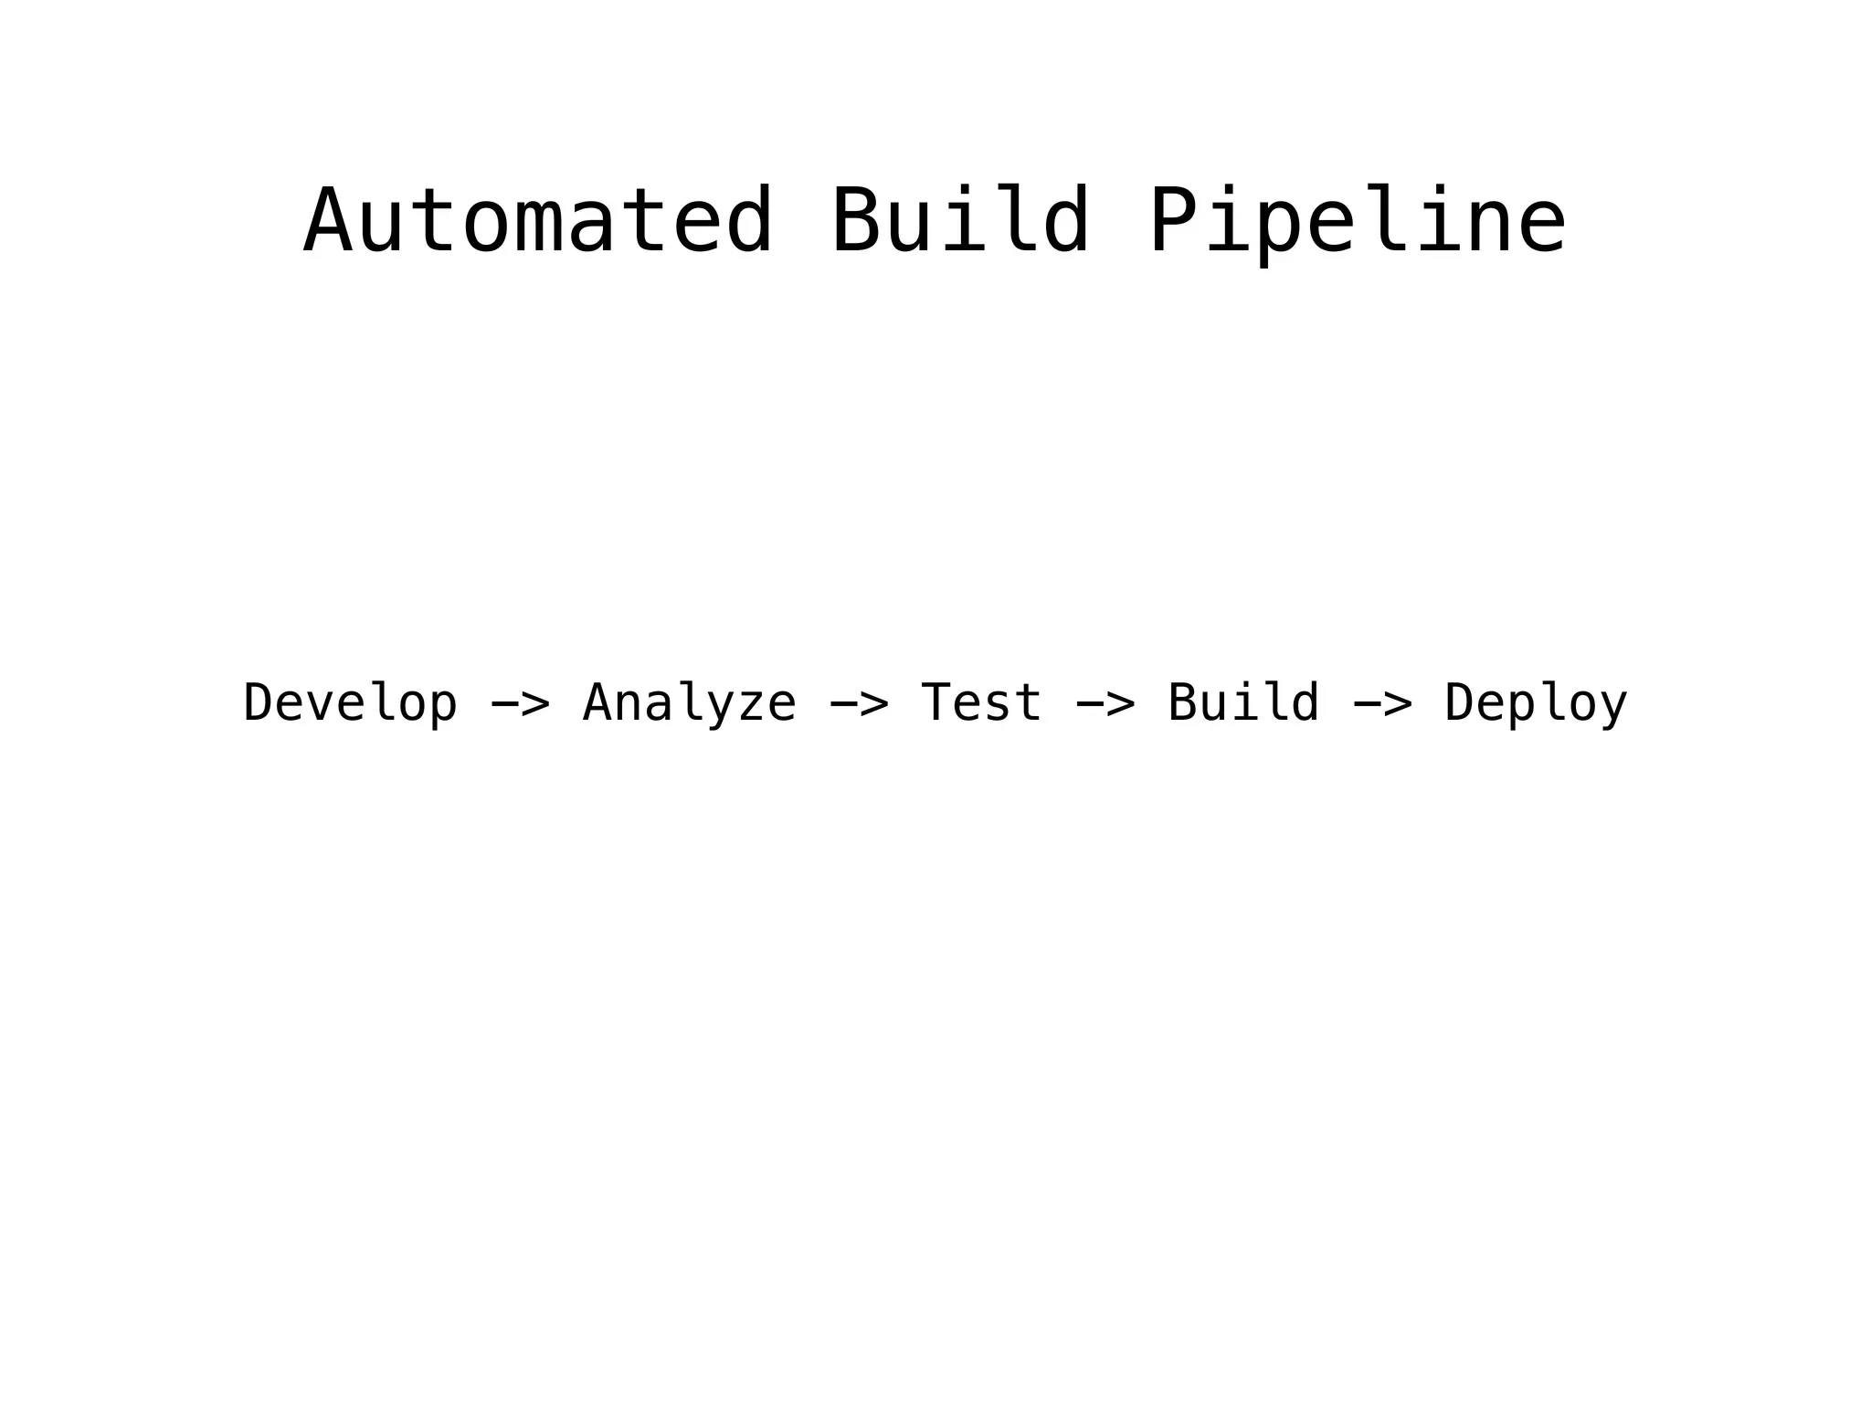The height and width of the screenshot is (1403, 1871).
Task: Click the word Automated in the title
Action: point(539,222)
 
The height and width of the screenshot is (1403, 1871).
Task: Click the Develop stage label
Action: point(350,703)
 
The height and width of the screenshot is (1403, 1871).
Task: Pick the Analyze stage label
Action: point(690,703)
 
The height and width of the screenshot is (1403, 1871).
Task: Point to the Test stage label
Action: point(981,703)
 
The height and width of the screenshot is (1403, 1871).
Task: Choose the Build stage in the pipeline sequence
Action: point(1243,703)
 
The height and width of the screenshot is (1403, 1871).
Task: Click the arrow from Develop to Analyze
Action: point(521,704)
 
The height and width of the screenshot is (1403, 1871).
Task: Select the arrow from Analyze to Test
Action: point(859,704)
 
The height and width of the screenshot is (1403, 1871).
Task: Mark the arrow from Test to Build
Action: point(1105,704)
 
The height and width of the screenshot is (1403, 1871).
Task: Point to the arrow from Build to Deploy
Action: point(1382,704)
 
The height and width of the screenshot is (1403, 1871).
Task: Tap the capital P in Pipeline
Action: point(1173,222)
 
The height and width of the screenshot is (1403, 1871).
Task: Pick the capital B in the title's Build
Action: point(856,222)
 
